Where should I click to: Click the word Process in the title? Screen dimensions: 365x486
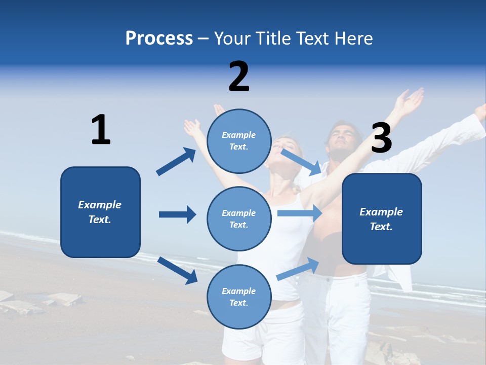point(159,39)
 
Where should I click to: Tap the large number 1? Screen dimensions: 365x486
point(101,130)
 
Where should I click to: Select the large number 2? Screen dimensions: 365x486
point(239,76)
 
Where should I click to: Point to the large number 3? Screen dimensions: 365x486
point(381,138)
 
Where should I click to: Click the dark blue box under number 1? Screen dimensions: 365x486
point(100,212)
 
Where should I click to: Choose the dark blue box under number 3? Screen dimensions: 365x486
point(382,219)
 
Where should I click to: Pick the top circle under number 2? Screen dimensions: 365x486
point(239,141)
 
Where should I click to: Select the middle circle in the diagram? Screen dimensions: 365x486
point(239,218)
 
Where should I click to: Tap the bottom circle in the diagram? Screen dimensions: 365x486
point(239,297)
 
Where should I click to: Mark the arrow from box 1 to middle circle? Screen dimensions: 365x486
point(177,214)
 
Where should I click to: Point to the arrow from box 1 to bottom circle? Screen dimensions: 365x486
point(177,270)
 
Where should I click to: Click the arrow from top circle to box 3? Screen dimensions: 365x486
point(301,162)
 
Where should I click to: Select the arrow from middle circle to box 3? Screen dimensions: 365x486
point(300,213)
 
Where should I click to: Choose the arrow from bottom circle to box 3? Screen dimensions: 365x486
point(298,269)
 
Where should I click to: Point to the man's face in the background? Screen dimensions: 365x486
point(340,139)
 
